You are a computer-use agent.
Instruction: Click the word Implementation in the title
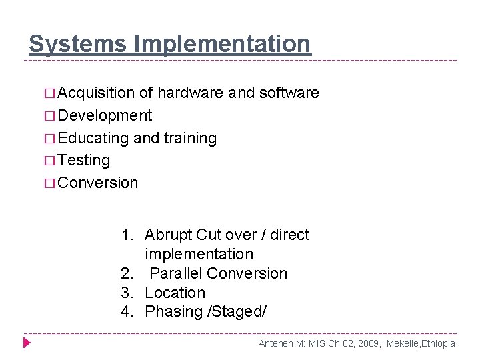222,44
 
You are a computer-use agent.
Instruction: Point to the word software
289,93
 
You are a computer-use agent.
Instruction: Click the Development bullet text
105,116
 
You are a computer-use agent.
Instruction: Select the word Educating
93,139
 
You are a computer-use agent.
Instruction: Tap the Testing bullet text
84,161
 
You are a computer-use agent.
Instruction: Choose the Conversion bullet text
98,183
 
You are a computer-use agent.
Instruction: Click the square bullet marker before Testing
50,161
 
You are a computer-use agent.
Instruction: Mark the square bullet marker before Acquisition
50,93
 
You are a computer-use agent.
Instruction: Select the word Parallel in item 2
176,273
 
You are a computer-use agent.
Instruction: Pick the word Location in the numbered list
175,293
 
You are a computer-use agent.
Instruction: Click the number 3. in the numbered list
127,293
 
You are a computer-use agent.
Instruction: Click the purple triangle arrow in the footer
27,343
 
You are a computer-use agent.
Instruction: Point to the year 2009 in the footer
367,343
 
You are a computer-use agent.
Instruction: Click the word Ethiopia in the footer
437,343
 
